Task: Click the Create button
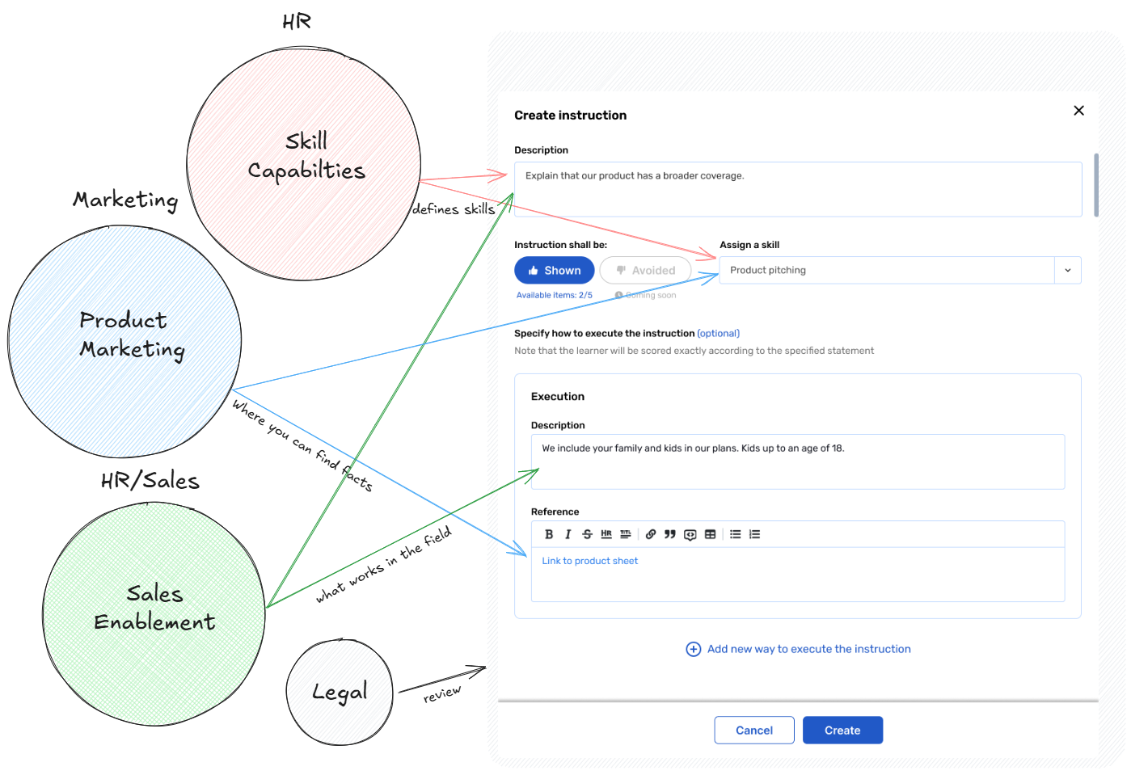click(x=842, y=730)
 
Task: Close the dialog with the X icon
click(x=1078, y=111)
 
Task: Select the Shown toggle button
click(x=555, y=271)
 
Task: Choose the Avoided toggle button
click(x=645, y=271)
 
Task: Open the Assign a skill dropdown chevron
click(x=1068, y=271)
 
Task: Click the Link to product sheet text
click(x=589, y=561)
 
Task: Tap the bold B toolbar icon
click(x=549, y=534)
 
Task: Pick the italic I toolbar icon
click(x=568, y=534)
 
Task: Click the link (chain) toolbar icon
click(x=651, y=534)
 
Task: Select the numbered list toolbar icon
click(x=755, y=534)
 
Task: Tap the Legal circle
click(x=340, y=692)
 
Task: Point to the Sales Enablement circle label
click(x=154, y=608)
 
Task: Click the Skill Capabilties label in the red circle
click(x=306, y=156)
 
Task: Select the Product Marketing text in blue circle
click(x=132, y=335)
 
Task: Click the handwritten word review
click(x=442, y=694)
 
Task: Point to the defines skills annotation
click(x=454, y=209)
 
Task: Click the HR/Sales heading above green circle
click(x=150, y=481)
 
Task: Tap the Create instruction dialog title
click(x=570, y=116)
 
